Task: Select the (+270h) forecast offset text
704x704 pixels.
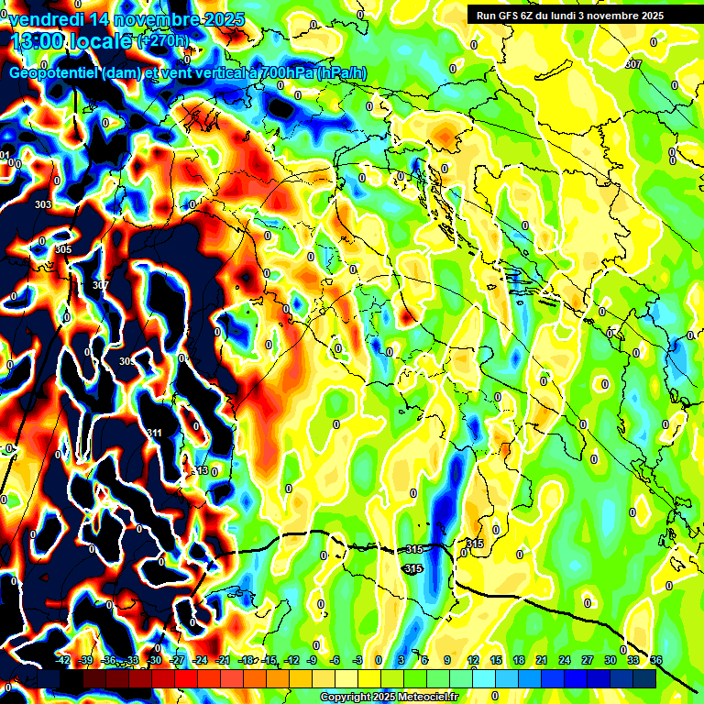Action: pyautogui.click(x=163, y=40)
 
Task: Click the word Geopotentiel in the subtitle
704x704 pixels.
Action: pyautogui.click(x=55, y=72)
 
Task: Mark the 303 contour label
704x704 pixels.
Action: pyautogui.click(x=42, y=204)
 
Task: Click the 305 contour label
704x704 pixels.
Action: pyautogui.click(x=63, y=249)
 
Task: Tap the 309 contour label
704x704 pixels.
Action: pyautogui.click(x=127, y=362)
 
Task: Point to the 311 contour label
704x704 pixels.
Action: pyautogui.click(x=154, y=433)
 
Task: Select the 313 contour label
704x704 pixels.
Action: pyautogui.click(x=201, y=470)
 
